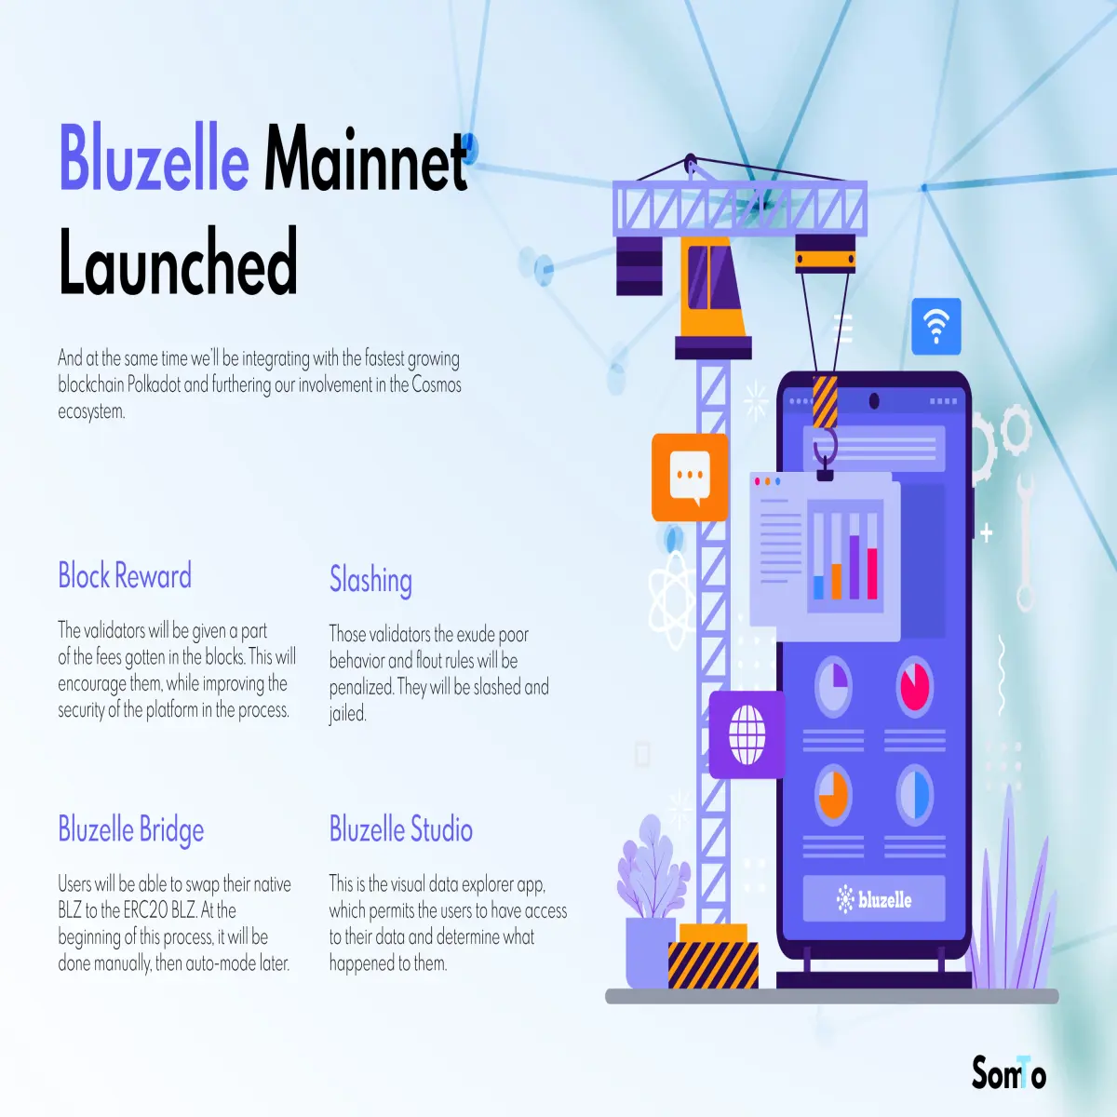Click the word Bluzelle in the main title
[154, 157]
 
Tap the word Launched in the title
[178, 261]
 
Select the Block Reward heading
[125, 575]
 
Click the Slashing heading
[371, 580]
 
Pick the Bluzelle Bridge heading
[131, 829]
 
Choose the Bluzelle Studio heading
[401, 828]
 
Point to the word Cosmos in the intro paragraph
[437, 384]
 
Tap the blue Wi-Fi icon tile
[936, 327]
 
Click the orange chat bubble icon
[690, 478]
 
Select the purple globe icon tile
[747, 734]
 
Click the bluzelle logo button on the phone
[874, 899]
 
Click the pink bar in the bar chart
[872, 573]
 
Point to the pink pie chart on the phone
[915, 687]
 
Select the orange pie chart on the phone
[833, 795]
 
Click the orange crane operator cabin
[712, 289]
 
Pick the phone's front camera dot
[874, 400]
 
